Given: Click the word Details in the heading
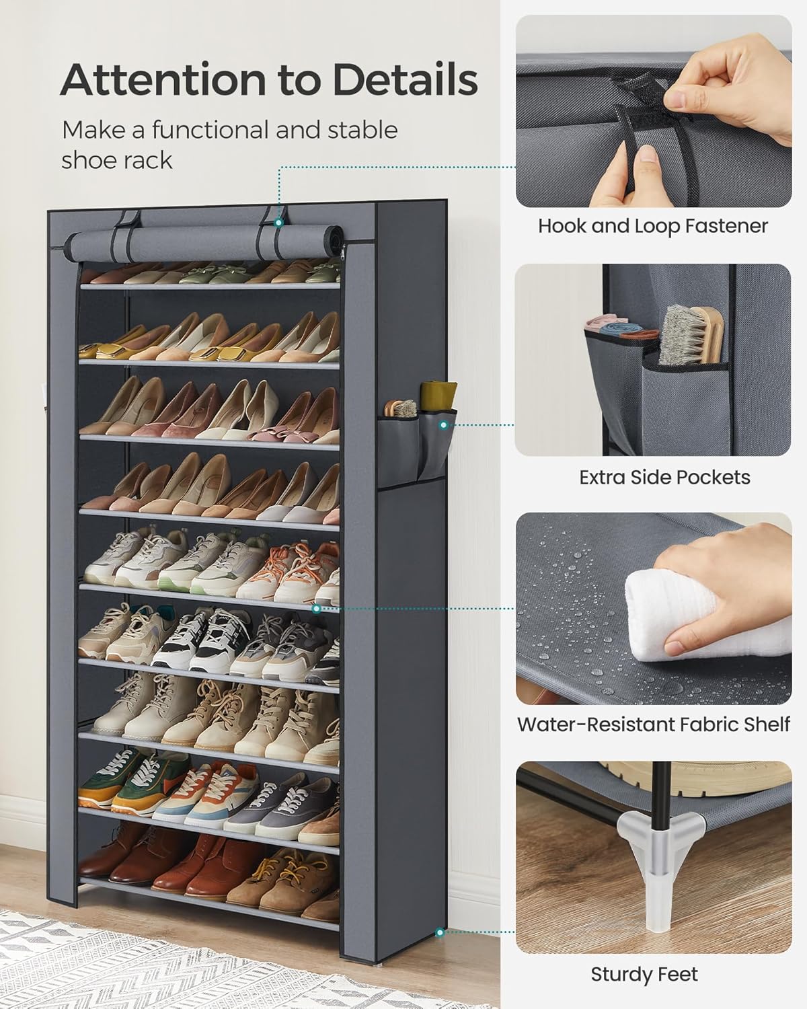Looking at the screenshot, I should (405, 80).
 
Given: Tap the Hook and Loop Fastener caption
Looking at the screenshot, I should (652, 226).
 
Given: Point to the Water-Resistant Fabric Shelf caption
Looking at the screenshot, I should (653, 724).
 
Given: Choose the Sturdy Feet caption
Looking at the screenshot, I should (644, 974).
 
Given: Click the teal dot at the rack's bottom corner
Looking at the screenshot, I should (440, 932).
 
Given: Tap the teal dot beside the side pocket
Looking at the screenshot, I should (443, 424).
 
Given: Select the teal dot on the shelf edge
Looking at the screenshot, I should (317, 607).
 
